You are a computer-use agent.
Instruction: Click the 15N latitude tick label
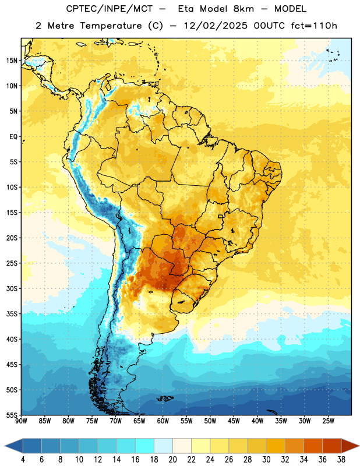(x=12, y=61)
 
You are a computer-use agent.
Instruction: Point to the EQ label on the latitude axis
(x=13, y=137)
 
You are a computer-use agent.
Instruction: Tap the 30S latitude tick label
(x=12, y=288)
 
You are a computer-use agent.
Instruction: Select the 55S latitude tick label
(x=12, y=415)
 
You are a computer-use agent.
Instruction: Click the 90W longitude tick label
(x=21, y=421)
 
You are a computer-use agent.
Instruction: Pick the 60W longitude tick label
(x=163, y=421)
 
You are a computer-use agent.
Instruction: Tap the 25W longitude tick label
(x=328, y=421)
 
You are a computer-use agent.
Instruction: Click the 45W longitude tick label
(x=234, y=421)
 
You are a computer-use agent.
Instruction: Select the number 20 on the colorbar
(x=172, y=460)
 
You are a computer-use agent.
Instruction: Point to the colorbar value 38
(x=341, y=460)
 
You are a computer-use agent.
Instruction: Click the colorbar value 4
(x=23, y=460)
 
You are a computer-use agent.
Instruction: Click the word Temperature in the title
(x=111, y=26)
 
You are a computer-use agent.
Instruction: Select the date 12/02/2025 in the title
(x=216, y=26)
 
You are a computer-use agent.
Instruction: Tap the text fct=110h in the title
(x=314, y=26)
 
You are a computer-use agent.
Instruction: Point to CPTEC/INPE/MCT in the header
(x=110, y=9)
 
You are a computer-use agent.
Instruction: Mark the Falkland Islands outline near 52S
(x=165, y=398)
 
